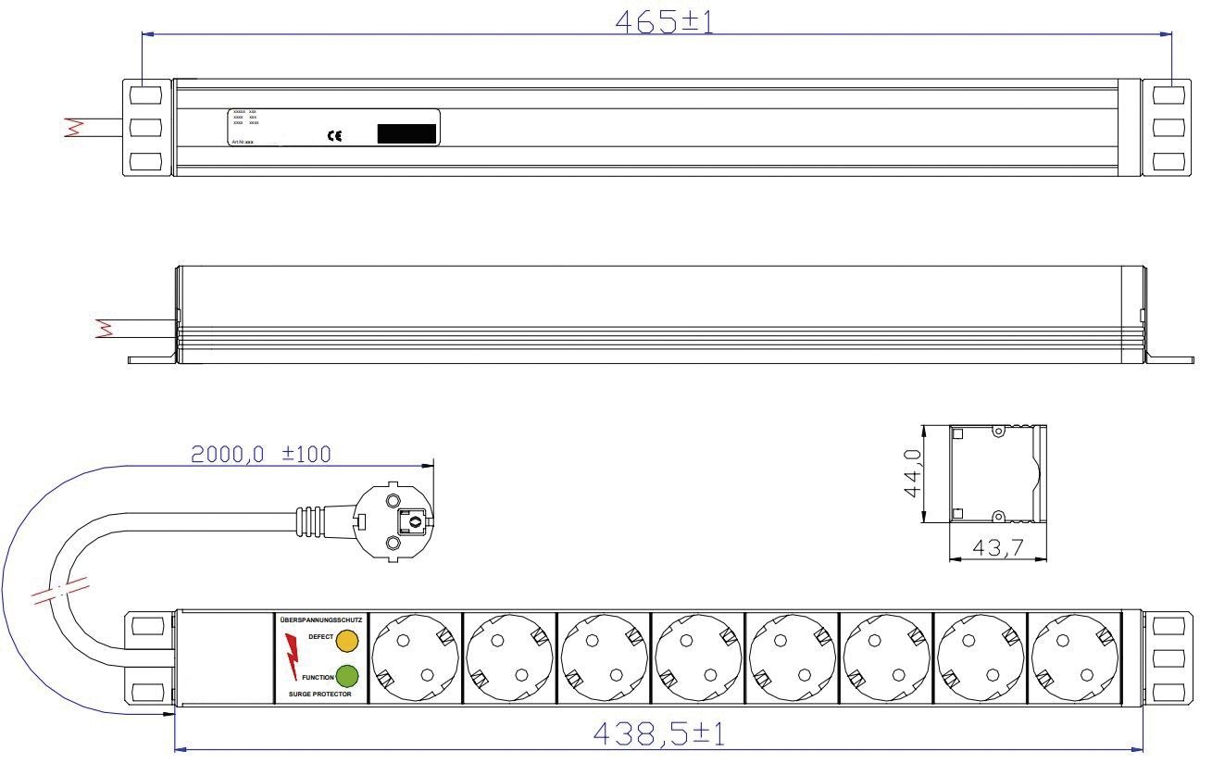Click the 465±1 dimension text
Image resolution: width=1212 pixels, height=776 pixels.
pos(665,21)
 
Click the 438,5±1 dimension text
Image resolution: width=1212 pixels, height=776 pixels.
pos(659,735)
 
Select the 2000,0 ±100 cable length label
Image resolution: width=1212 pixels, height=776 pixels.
pos(260,454)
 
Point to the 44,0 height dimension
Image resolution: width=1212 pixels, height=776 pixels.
pos(913,473)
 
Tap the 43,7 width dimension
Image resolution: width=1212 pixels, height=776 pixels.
pos(996,548)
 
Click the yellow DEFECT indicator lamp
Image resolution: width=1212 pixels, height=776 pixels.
pos(347,640)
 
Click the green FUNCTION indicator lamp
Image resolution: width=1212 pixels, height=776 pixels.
pos(347,675)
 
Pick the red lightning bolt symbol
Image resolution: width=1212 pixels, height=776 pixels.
pos(293,656)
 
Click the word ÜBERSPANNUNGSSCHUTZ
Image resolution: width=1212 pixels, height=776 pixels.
pos(320,619)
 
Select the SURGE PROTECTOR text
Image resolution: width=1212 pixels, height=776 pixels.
pos(320,694)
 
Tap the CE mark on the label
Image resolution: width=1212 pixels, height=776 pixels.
pos(335,136)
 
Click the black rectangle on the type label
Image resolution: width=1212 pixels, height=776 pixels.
pos(406,133)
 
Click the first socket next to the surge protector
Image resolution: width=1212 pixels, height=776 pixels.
pos(415,659)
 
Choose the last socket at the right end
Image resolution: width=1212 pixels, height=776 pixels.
pos(1075,659)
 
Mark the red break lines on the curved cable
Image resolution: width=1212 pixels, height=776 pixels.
pos(59,590)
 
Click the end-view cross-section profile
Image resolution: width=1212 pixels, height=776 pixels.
pos(998,473)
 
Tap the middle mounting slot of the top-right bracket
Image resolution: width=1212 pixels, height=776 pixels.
pos(1168,127)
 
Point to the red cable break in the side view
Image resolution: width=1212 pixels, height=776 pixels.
pos(104,327)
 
